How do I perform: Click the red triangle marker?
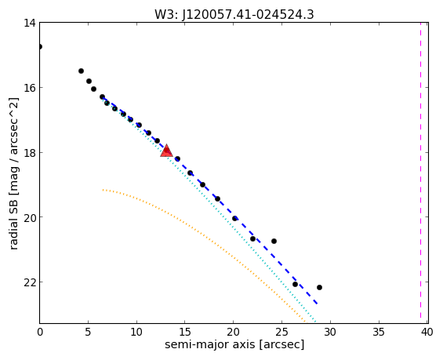(x=166, y=151)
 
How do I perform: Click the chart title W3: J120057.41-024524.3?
(x=234, y=14)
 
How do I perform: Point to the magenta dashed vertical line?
(x=421, y=173)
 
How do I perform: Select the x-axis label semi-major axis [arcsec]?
(x=234, y=345)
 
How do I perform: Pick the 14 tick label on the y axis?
(x=29, y=23)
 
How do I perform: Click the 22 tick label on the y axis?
(x=29, y=282)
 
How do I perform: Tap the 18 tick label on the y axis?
(x=29, y=153)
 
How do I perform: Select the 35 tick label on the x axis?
(x=379, y=332)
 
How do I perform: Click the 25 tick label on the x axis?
(x=281, y=332)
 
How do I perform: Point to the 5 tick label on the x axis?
(x=88, y=332)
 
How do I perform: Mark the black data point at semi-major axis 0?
(x=40, y=46)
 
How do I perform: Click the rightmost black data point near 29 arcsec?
(x=320, y=287)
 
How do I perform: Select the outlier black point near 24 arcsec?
(x=274, y=241)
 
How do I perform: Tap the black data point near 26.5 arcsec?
(x=296, y=284)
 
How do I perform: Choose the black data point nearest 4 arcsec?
(x=81, y=71)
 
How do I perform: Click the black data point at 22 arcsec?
(x=252, y=238)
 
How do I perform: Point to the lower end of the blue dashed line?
(x=318, y=304)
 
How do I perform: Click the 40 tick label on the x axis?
(x=427, y=332)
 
